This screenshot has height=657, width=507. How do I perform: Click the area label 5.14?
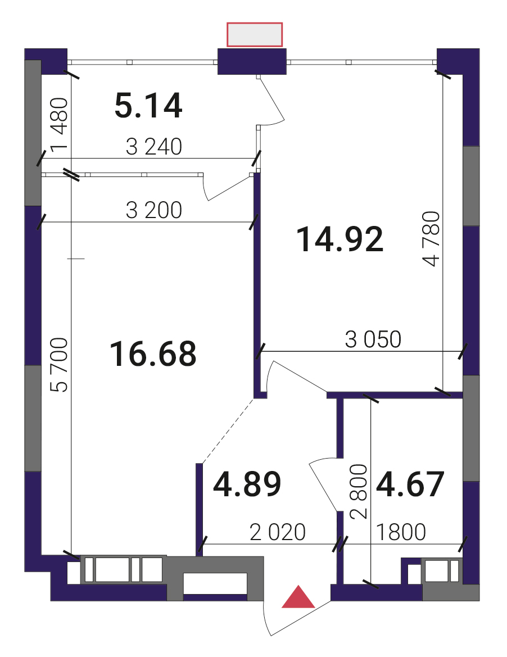tap(148, 106)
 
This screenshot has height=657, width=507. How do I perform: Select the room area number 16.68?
tap(153, 354)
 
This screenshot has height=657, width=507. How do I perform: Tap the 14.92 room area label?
tap(339, 239)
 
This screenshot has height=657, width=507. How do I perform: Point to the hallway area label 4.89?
tap(247, 484)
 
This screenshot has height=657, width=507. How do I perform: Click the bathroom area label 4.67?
tap(410, 484)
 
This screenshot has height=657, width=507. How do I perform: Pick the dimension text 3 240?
tap(154, 147)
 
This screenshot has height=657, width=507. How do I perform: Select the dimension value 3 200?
tap(154, 210)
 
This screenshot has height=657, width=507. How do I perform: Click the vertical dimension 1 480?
tap(58, 124)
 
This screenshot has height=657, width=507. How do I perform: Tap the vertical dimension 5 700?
tap(58, 365)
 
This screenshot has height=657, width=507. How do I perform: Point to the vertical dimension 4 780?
tap(432, 239)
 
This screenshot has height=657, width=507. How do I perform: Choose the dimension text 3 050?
tap(373, 339)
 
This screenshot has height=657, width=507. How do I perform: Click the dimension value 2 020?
tap(277, 533)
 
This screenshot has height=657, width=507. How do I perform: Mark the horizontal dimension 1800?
tap(401, 533)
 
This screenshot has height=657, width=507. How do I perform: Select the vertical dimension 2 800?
tap(359, 491)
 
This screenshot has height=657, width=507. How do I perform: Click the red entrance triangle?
tap(298, 597)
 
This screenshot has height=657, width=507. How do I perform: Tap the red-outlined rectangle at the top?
tap(254, 34)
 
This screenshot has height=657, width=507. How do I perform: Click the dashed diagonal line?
tap(228, 431)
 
